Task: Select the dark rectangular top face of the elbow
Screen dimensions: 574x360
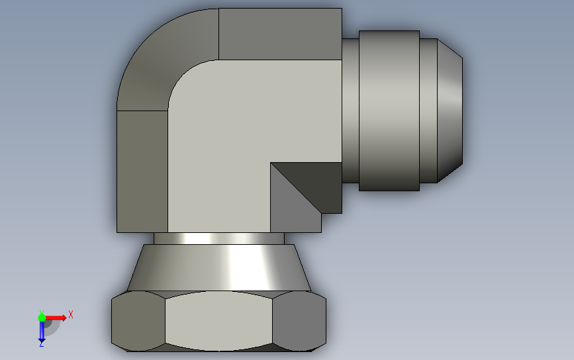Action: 281,34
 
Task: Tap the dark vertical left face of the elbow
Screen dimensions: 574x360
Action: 142,171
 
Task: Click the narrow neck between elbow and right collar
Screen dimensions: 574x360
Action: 350,111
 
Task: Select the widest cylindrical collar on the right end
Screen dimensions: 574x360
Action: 389,111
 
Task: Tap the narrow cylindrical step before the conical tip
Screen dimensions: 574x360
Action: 428,111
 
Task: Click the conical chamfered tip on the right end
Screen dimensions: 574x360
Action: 450,111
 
